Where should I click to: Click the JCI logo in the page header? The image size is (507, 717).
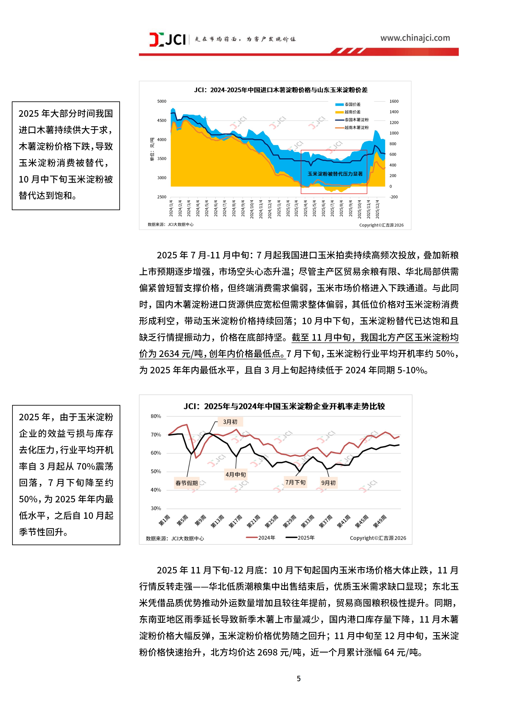pyautogui.click(x=167, y=39)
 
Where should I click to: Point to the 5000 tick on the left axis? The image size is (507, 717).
pyautogui.click(x=162, y=101)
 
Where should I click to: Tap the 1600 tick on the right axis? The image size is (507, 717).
pyautogui.click(x=394, y=101)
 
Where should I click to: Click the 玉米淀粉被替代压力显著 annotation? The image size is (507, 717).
pyautogui.click(x=335, y=174)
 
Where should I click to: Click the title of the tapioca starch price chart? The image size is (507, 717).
pyautogui.click(x=280, y=90)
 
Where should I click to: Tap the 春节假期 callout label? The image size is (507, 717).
pyautogui.click(x=187, y=483)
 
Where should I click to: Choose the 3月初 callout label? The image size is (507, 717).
pyautogui.click(x=230, y=422)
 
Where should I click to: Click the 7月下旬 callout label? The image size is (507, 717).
pyautogui.click(x=295, y=482)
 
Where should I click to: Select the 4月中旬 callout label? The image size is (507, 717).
pyautogui.click(x=236, y=474)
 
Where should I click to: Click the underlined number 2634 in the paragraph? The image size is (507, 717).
pyautogui.click(x=169, y=354)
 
